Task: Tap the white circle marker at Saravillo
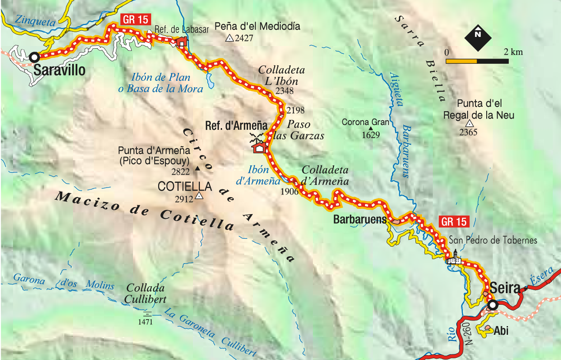[x=34, y=57]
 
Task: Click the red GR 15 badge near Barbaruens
[x=455, y=221]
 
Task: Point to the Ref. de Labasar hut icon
[x=182, y=42]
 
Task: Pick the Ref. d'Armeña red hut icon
[x=259, y=148]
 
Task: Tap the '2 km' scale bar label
[x=513, y=52]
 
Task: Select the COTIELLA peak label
[x=185, y=187]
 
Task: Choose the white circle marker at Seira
[x=492, y=305]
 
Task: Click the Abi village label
[x=501, y=330]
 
